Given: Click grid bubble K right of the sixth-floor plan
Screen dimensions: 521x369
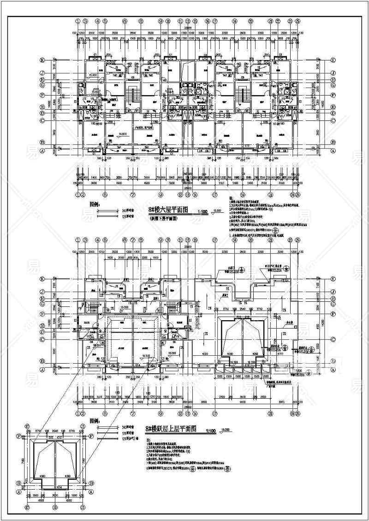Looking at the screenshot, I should [333, 60].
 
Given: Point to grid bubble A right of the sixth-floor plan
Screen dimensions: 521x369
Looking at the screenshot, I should [333, 150].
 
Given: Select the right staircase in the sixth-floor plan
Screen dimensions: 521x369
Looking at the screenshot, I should [241, 95].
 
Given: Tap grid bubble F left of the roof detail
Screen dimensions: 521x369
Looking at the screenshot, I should [19, 436].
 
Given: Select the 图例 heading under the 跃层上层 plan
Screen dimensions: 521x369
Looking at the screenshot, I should [95, 421].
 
